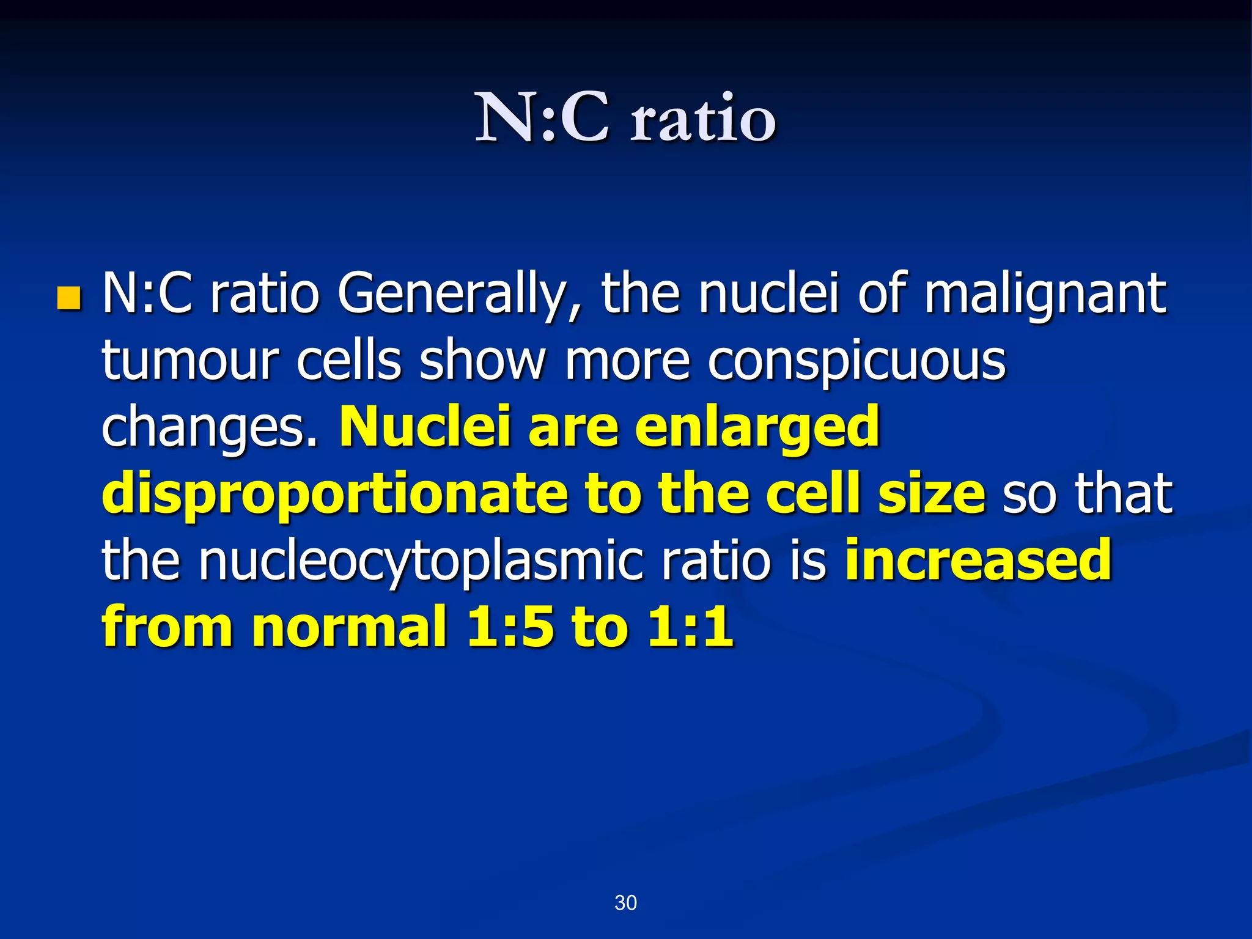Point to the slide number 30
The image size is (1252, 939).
click(625, 902)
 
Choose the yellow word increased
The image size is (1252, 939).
click(978, 561)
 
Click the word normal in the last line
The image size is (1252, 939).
click(349, 627)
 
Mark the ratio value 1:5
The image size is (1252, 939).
click(510, 627)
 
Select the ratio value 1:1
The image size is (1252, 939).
click(690, 627)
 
